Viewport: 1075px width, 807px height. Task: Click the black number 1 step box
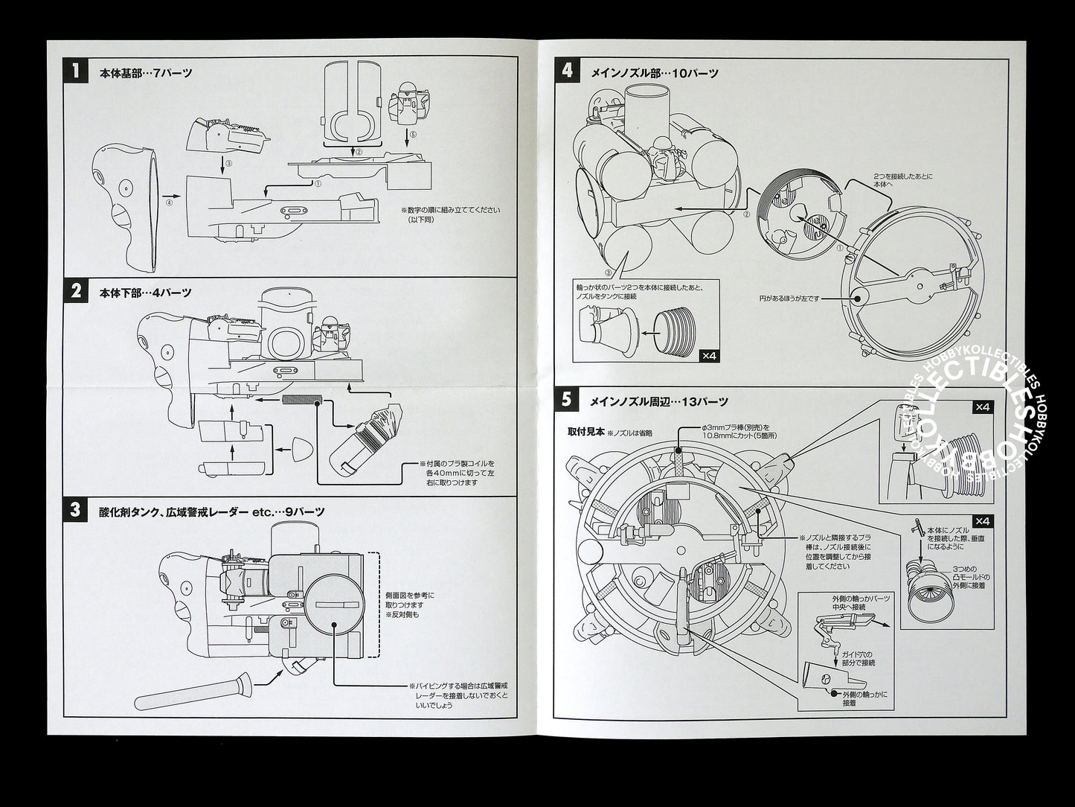point(75,71)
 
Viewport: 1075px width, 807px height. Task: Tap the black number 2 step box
point(75,291)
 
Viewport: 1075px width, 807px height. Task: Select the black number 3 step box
point(75,510)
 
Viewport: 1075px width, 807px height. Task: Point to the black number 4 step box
point(568,71)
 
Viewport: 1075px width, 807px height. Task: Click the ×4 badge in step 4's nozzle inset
point(710,356)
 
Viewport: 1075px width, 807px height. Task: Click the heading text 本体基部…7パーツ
point(146,73)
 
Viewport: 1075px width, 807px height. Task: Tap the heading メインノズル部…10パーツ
point(653,73)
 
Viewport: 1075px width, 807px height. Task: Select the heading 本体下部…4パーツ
point(146,293)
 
